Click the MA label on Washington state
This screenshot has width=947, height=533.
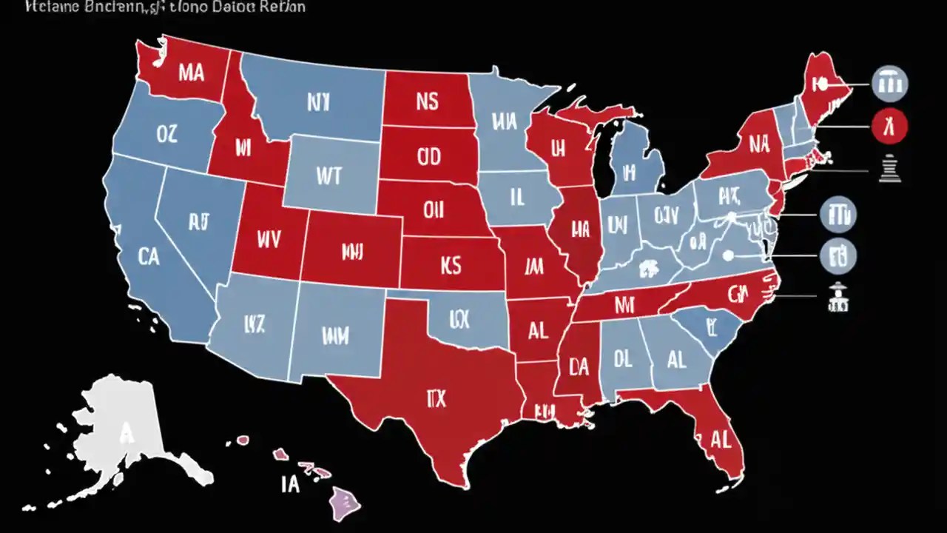point(191,73)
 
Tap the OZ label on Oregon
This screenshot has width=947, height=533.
point(168,133)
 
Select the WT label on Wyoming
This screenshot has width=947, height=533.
point(328,175)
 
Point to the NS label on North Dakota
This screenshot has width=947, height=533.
point(427,101)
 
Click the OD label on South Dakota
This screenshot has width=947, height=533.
point(428,156)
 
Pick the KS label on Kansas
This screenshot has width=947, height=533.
point(451,265)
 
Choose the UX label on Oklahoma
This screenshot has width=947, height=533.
point(459,319)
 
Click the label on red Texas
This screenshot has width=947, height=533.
point(437,399)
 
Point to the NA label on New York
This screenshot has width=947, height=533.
point(759,144)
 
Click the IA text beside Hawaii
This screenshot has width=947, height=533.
point(289,485)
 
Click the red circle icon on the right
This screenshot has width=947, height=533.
point(890,125)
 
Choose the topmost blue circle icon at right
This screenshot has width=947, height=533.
point(890,83)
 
